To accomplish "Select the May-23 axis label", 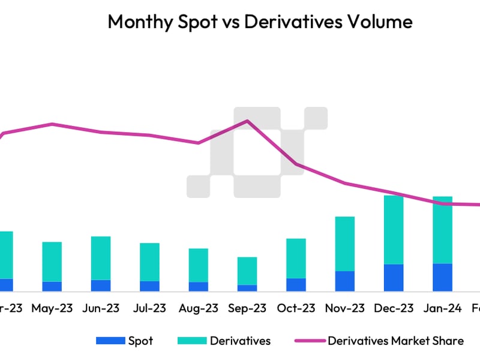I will coord(52,308).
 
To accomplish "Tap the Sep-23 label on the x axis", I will coord(247,308).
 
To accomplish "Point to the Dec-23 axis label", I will coord(394,308).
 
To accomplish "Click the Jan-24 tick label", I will coord(443,308).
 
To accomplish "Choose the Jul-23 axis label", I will coord(149,308).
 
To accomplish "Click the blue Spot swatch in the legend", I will coord(110,341).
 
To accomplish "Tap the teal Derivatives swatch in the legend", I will coord(191,341).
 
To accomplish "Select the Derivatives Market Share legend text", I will coord(395,341).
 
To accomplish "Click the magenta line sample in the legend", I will coord(309,341).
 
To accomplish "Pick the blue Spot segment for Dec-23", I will coord(394,278).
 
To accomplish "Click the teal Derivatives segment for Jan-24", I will coord(443,230).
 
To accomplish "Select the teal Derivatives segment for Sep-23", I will coord(247,271).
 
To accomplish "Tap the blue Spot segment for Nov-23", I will coord(344,281).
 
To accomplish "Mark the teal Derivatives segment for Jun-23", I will coord(101,258).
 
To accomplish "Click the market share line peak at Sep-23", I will coord(247,121).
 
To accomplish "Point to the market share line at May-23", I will coord(52,124).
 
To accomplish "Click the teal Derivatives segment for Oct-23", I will coord(296,258).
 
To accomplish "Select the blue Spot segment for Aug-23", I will coord(199,287).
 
